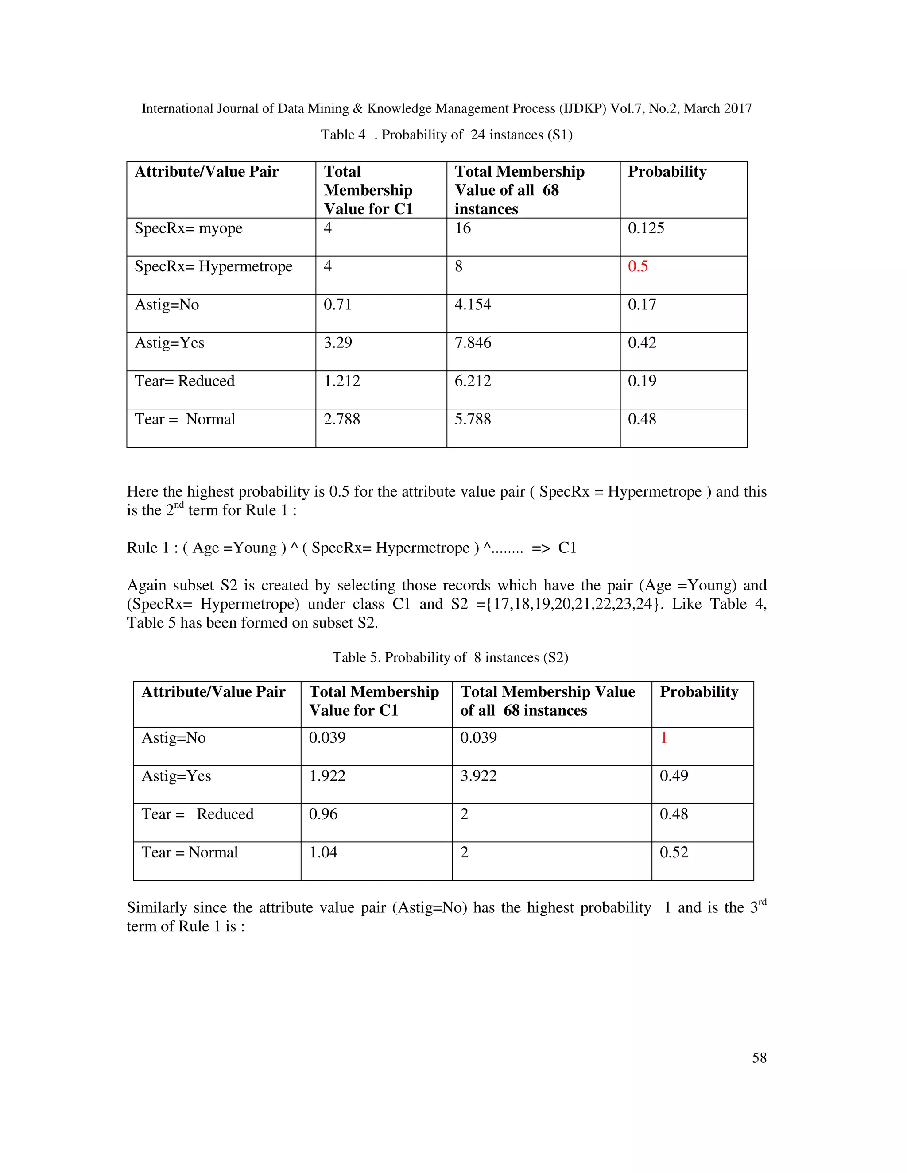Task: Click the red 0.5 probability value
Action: pos(638,266)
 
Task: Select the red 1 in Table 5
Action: pos(663,737)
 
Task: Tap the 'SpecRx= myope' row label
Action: pos(189,228)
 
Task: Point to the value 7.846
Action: pos(473,343)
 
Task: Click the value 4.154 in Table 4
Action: pos(473,305)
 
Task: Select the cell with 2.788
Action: pos(342,419)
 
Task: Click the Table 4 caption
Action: pos(446,135)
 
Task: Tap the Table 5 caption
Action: pos(450,657)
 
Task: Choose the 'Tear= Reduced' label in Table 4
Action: pos(184,381)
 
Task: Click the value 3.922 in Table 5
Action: pos(478,776)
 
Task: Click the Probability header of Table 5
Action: pos(698,692)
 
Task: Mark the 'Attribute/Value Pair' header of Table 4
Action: pos(207,171)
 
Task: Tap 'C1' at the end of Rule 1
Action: pos(567,548)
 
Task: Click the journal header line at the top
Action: pos(446,108)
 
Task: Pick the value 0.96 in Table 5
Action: pos(323,814)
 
